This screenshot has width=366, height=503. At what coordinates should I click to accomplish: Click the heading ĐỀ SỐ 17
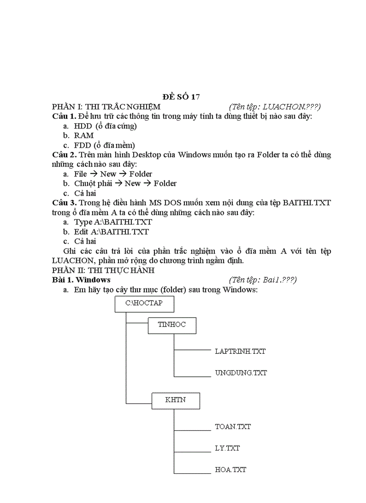(181, 97)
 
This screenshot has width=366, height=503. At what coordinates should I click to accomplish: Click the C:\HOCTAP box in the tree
(144, 304)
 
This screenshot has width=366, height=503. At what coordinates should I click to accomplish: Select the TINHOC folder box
(172, 325)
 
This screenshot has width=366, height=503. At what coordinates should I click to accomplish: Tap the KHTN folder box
(175, 400)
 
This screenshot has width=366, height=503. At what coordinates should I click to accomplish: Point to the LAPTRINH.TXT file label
(240, 351)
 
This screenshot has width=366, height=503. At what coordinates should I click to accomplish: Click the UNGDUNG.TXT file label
(241, 373)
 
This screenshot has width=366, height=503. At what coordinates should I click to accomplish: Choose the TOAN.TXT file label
(233, 427)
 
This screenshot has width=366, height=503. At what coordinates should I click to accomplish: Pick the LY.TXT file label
(227, 448)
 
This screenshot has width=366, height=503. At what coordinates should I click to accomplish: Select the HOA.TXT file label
(231, 470)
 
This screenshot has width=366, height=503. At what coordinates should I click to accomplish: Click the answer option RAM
(84, 135)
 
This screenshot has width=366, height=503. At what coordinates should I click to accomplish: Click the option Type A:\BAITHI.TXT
(113, 222)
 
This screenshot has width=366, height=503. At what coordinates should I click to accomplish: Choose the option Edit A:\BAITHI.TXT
(111, 232)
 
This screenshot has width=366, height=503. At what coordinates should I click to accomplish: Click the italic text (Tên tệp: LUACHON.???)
(274, 107)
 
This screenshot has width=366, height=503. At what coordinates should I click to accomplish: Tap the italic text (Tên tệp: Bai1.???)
(262, 280)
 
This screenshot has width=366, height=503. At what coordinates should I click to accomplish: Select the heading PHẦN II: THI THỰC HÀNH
(103, 270)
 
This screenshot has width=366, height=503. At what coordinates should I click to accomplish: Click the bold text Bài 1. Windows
(81, 280)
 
